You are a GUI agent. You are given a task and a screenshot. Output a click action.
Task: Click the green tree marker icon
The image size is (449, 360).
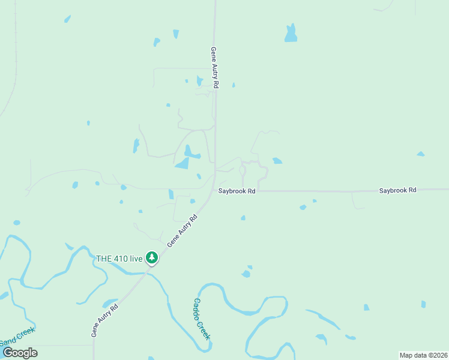[x=152, y=258]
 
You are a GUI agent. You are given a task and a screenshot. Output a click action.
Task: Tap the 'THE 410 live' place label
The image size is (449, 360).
[x=119, y=259]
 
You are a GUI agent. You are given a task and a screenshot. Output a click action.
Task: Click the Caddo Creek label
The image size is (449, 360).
[x=202, y=319]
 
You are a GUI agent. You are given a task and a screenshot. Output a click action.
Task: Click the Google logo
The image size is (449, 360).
[x=20, y=353]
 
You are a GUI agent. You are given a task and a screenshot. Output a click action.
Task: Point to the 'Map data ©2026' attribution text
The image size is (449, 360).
[x=423, y=355]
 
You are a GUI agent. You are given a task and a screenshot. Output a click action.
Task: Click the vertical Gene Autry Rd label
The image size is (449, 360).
[x=214, y=68]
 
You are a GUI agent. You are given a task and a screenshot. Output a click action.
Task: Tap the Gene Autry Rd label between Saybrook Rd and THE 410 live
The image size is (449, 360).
[x=182, y=231]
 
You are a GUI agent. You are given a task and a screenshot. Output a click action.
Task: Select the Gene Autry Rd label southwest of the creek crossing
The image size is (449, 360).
[x=105, y=320]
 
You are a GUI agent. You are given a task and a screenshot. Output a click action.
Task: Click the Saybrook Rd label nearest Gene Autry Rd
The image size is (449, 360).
[x=237, y=191]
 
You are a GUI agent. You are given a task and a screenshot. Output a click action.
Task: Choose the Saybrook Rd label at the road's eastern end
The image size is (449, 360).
[x=397, y=190]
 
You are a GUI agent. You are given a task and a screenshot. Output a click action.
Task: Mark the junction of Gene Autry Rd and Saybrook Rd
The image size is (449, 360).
[x=215, y=190]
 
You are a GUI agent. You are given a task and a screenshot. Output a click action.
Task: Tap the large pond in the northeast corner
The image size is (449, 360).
[x=291, y=34]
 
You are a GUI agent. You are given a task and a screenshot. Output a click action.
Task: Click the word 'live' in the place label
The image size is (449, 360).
[x=136, y=259]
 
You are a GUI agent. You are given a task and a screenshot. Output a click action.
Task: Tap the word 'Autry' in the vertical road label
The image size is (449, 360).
[x=214, y=69]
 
